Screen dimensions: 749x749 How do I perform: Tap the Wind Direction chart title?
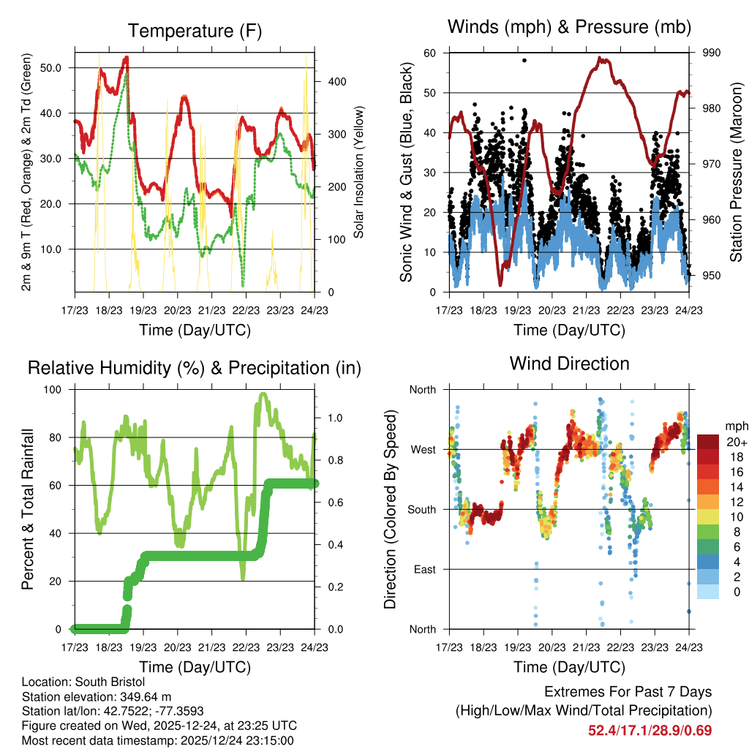(569, 363)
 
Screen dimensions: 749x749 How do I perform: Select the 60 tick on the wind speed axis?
(430, 53)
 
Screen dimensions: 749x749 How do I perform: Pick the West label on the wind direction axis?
(423, 449)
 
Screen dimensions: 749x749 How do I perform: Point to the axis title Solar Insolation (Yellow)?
(358, 172)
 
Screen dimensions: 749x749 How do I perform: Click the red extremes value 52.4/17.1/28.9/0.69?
(650, 730)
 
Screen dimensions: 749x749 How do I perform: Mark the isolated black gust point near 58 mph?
(524, 60)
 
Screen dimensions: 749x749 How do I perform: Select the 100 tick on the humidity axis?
(56, 389)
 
